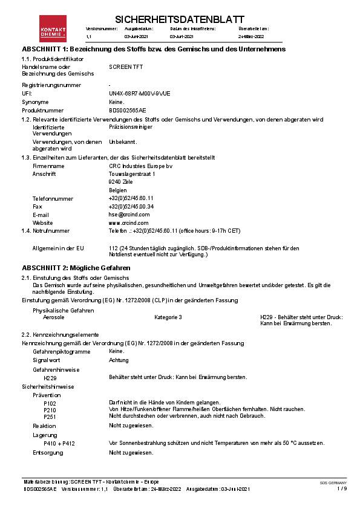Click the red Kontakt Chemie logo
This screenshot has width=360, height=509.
[x=52, y=28]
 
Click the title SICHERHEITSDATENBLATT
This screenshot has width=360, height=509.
[x=178, y=19]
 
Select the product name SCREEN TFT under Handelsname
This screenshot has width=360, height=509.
[x=124, y=66]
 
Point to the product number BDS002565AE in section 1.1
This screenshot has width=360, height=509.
[x=127, y=111]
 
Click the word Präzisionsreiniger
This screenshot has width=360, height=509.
[x=130, y=128]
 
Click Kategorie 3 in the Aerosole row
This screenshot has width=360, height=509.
[x=168, y=317]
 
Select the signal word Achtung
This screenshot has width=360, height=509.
[x=119, y=360]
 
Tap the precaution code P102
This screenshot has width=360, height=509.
[x=50, y=403]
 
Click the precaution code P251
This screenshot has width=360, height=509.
[x=50, y=417]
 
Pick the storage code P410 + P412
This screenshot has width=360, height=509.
[x=59, y=443]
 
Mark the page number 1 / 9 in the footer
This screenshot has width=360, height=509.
[x=342, y=488]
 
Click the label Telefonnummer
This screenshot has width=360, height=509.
[x=53, y=198]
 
